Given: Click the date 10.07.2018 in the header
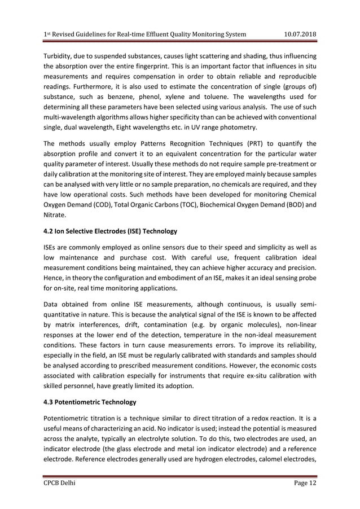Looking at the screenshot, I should pyautogui.click(x=299, y=34).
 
